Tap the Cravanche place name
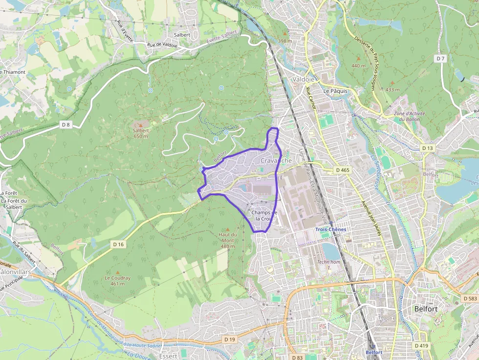point(276,161)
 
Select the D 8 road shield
point(66,125)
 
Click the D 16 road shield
point(118,244)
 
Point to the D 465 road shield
point(343,170)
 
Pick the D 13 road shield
point(427,148)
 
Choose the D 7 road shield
point(441,59)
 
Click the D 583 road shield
point(469,298)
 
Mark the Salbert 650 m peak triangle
point(141,125)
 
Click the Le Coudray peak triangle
point(117,272)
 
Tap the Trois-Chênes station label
point(330,229)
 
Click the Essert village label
point(169,356)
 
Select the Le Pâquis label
point(335,91)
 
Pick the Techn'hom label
point(328,262)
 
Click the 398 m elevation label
point(284,41)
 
